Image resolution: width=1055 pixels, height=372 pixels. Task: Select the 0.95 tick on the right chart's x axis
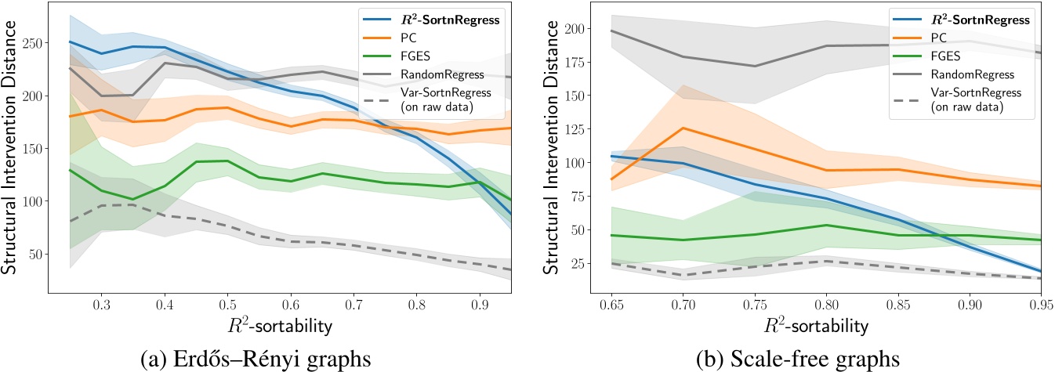point(1039,302)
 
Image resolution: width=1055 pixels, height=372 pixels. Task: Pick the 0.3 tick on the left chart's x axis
point(101,302)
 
